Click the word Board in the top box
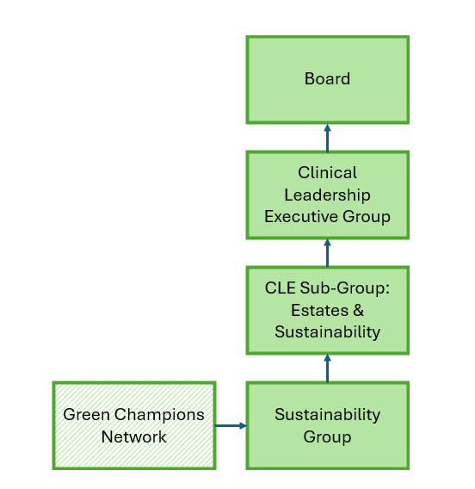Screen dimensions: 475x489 pos(327,78)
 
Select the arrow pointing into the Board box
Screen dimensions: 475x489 pos(327,138)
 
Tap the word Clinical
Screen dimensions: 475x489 pos(327,172)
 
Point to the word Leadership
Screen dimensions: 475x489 pos(327,195)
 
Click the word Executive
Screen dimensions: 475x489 pos(300,216)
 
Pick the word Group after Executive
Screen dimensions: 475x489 pos(367,217)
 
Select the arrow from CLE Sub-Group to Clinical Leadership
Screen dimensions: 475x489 pos(327,253)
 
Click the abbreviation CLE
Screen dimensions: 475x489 pos(281,288)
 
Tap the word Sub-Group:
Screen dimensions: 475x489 pos(345,288)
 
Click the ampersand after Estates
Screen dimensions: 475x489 pos(359,310)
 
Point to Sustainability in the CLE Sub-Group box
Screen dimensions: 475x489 pos(327,332)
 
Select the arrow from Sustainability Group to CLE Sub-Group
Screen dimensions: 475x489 pos(327,368)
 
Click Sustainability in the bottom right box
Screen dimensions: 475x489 pos(327,415)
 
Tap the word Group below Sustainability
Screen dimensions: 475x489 pos(327,437)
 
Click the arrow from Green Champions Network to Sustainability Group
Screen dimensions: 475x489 pos(231,425)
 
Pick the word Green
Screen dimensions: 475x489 pos(86,415)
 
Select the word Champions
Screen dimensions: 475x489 pos(159,416)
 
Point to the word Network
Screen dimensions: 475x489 pos(133,437)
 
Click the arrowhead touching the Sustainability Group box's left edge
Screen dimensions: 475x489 pos(243,425)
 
